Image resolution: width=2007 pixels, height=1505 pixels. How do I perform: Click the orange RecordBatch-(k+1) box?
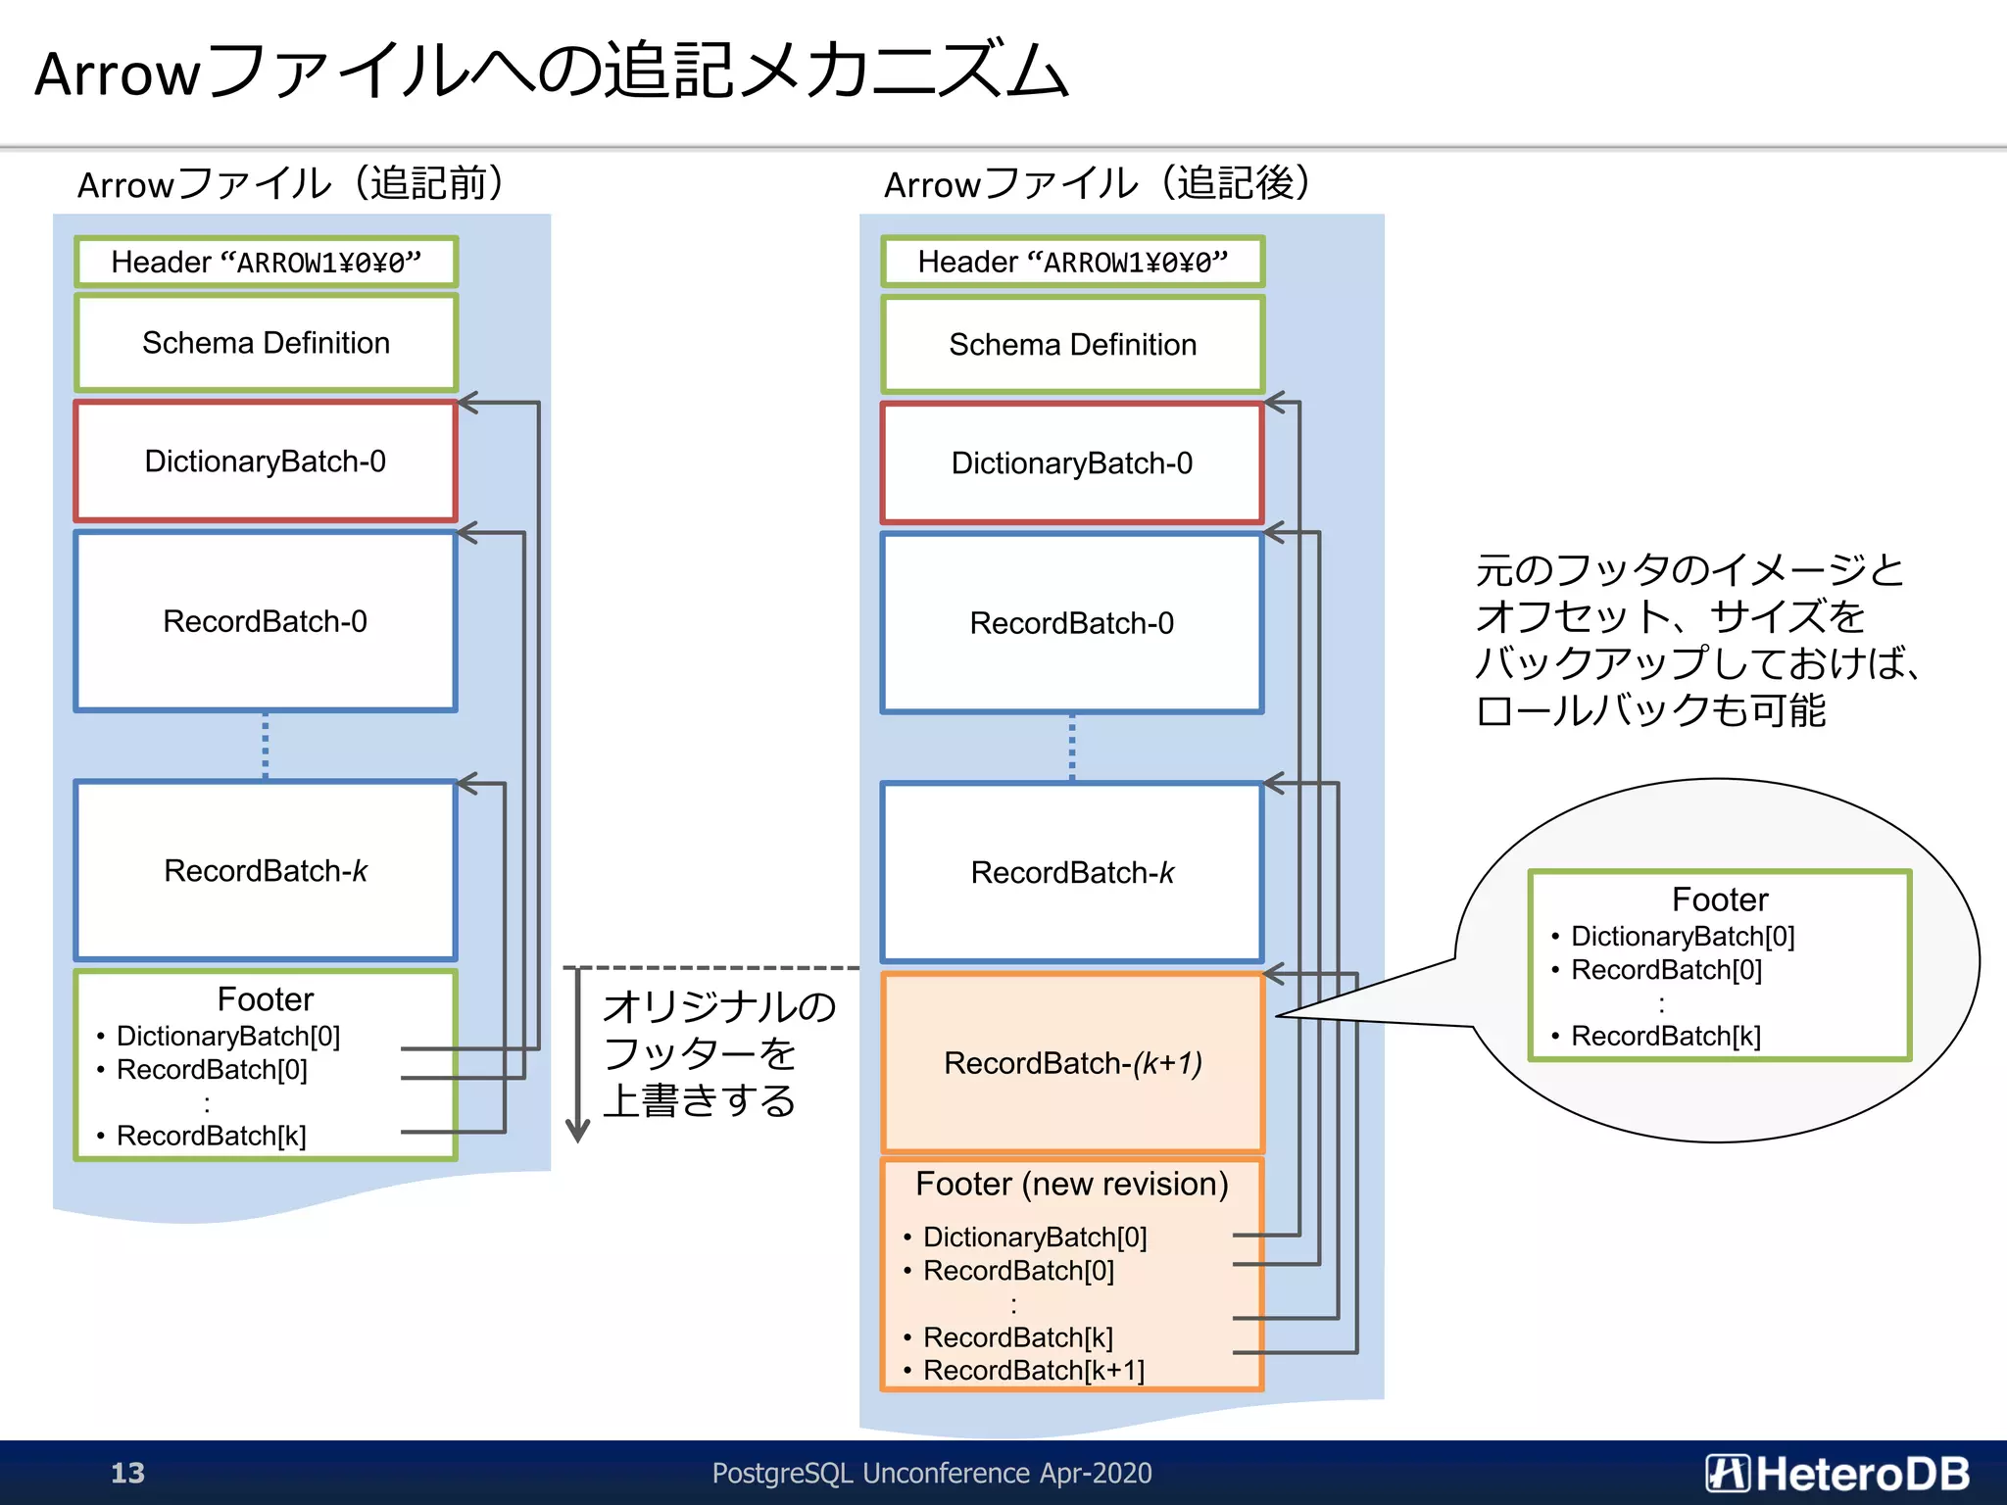point(1072,1063)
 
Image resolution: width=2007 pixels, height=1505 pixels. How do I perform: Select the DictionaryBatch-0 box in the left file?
point(266,461)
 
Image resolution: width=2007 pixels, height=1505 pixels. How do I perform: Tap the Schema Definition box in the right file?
point(1072,345)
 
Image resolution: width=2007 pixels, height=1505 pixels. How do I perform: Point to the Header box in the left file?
point(266,262)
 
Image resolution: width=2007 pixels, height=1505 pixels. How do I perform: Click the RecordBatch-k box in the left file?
point(266,870)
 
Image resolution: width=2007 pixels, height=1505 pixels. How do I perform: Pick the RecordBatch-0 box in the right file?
point(1072,623)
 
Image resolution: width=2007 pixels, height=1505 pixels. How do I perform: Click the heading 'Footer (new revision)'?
point(1071,1184)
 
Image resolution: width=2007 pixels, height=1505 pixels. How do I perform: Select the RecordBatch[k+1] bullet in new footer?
point(1033,1370)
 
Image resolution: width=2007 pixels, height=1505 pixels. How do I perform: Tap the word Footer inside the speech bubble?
point(1719,899)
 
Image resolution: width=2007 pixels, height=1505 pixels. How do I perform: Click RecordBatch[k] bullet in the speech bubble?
point(1665,1036)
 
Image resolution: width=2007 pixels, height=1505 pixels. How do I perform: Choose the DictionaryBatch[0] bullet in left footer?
point(227,1036)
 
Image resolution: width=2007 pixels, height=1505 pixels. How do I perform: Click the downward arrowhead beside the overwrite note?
point(578,1132)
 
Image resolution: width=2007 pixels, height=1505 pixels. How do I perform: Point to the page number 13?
point(127,1473)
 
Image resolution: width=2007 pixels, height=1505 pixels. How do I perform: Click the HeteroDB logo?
point(1836,1473)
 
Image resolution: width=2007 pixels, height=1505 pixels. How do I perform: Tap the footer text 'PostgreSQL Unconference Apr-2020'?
point(931,1473)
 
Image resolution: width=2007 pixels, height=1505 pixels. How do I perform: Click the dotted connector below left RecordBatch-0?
point(266,746)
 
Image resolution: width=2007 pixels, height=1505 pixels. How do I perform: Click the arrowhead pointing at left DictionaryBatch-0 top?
point(467,403)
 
